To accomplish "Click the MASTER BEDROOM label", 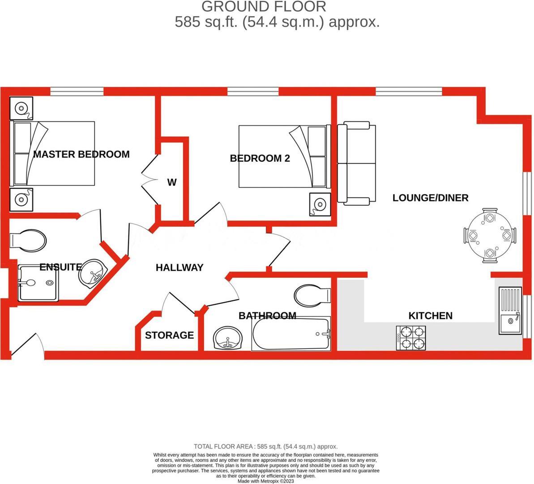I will (x=81, y=154).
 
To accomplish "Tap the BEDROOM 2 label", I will (x=260, y=158).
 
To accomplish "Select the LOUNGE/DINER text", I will (x=430, y=198).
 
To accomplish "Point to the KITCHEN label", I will (x=430, y=315).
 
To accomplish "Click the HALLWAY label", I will (x=179, y=268).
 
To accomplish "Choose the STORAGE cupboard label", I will (x=169, y=335).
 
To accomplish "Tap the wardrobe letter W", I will (x=172, y=182).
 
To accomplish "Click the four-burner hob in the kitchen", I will (x=410, y=338).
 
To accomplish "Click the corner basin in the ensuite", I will (x=93, y=272).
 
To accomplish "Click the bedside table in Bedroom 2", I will (x=319, y=204).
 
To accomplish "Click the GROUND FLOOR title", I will (x=264, y=7).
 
